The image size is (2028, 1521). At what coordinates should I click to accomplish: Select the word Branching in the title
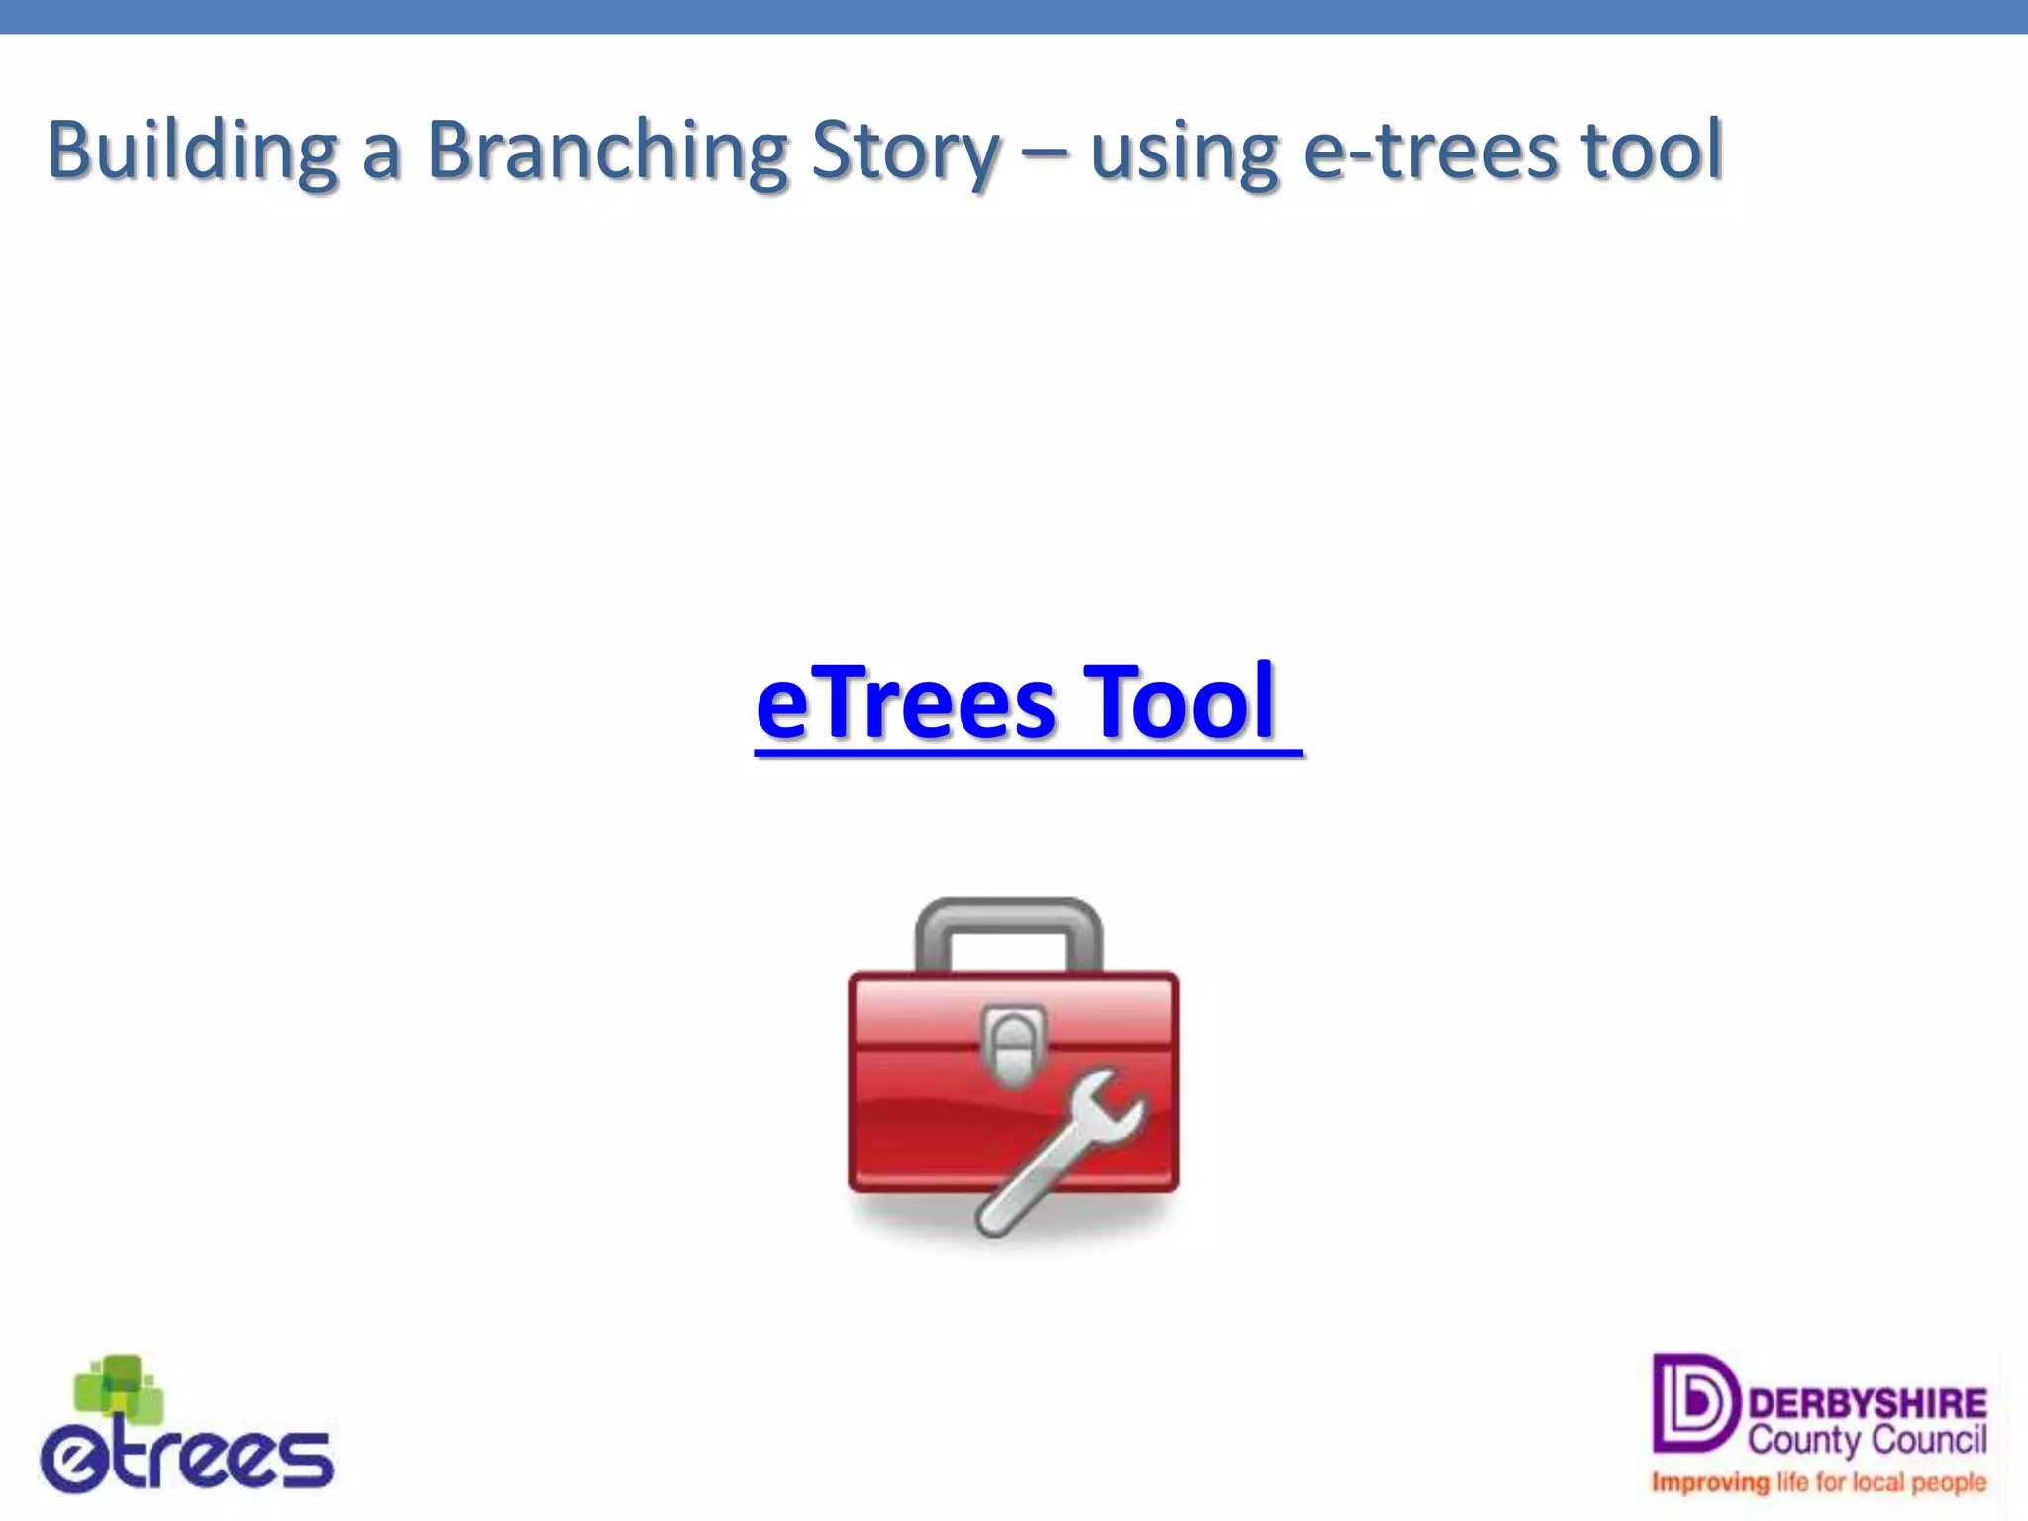[606, 152]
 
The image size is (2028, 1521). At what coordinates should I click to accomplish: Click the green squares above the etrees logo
[120, 1386]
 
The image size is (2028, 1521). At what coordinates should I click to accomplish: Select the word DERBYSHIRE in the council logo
[1868, 1403]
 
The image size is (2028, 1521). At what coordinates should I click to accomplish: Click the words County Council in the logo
[1868, 1440]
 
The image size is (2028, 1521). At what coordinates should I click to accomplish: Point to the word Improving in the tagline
[1710, 1483]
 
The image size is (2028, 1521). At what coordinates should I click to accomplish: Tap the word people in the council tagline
[1949, 1483]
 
